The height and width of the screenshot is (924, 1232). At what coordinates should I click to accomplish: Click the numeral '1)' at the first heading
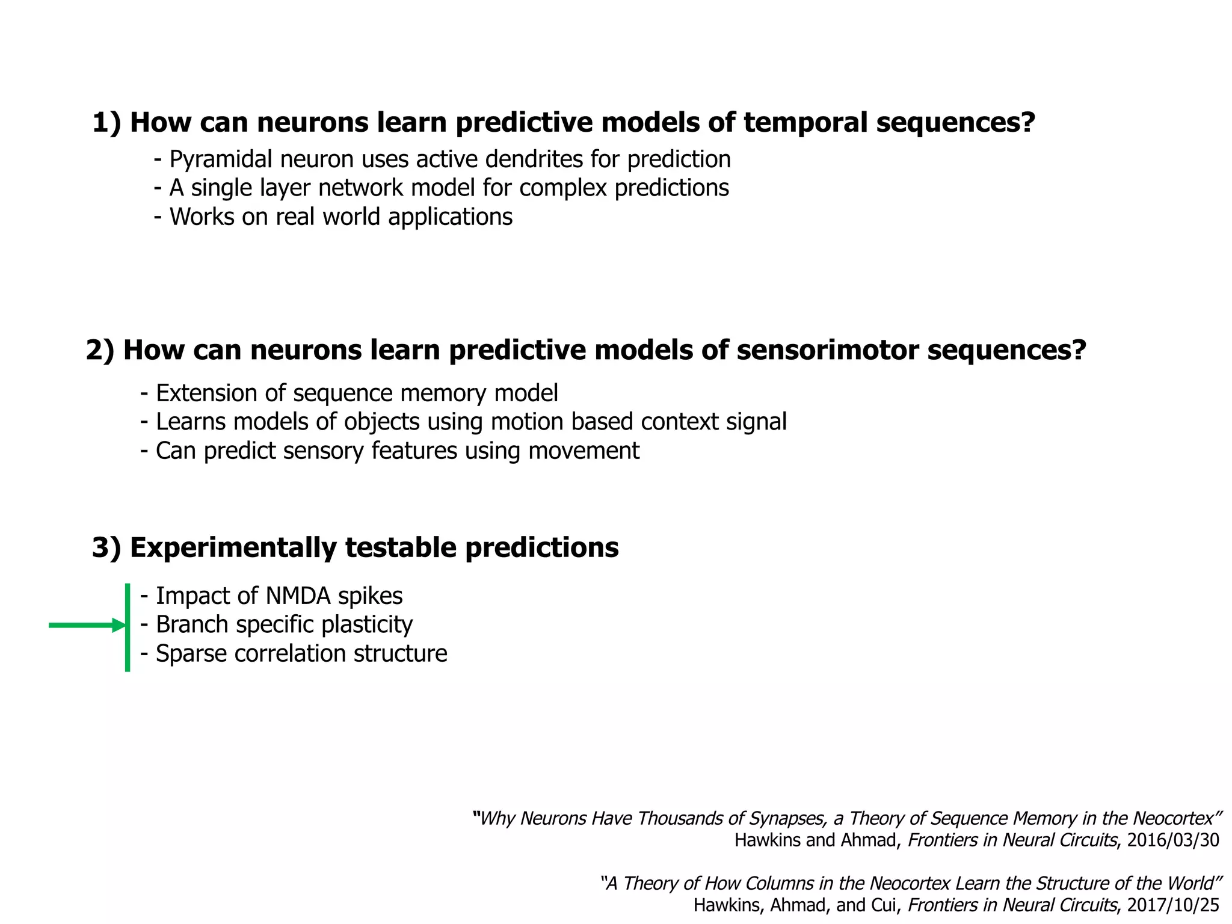tap(106, 123)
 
